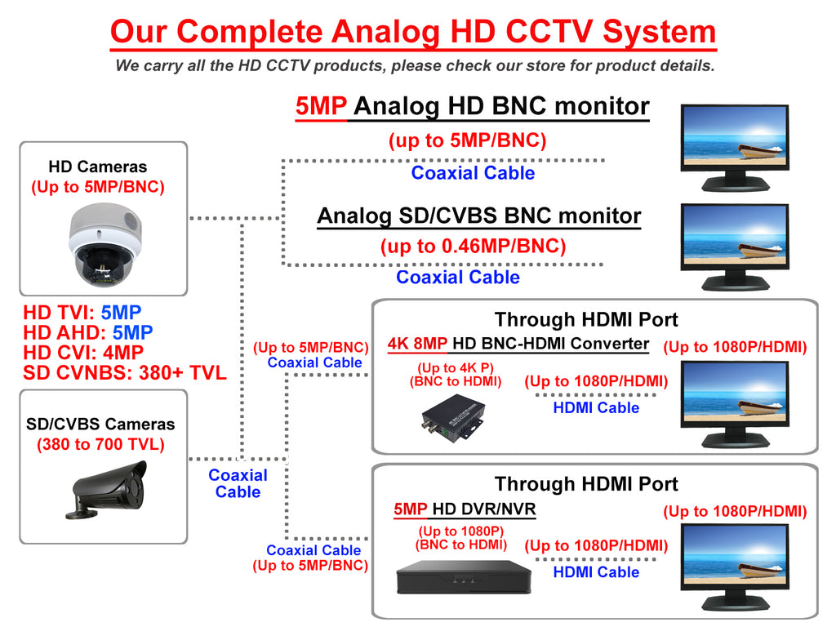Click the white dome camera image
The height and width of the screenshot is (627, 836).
tap(104, 244)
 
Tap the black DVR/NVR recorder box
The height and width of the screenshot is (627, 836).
tap(463, 580)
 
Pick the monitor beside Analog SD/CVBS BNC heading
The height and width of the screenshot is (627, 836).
tap(735, 247)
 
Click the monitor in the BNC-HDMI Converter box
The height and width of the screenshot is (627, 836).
tap(735, 402)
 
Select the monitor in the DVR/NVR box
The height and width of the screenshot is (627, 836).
tap(735, 567)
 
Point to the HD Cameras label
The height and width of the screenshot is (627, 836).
tap(98, 167)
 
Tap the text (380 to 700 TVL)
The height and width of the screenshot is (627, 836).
tap(100, 445)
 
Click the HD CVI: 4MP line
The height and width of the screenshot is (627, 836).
tap(83, 353)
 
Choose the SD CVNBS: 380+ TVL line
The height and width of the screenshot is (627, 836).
tap(124, 373)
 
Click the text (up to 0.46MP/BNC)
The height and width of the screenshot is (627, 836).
tap(473, 245)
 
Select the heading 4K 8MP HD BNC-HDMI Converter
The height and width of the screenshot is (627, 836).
tap(518, 344)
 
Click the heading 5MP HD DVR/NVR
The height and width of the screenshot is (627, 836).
tap(465, 510)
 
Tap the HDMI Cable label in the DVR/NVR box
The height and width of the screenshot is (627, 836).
tap(596, 572)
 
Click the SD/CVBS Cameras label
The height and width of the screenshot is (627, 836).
tap(100, 425)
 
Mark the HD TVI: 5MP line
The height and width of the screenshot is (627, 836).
tap(82, 312)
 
